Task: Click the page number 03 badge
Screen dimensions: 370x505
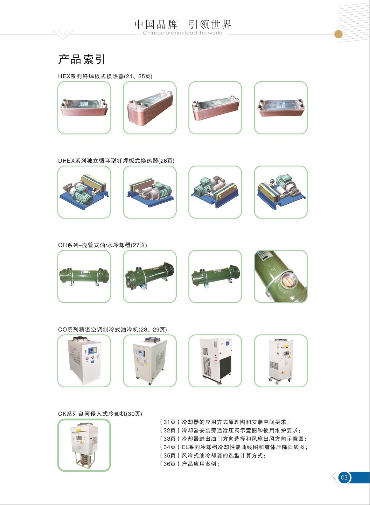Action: pyautogui.click(x=344, y=478)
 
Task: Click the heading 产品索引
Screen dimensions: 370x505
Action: pyautogui.click(x=82, y=59)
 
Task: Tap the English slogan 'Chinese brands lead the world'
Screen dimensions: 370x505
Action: pyautogui.click(x=183, y=33)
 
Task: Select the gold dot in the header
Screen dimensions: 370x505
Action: pyautogui.click(x=338, y=34)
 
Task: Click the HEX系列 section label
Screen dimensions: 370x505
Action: pyautogui.click(x=105, y=76)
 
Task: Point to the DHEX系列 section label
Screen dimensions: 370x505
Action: pyautogui.click(x=116, y=161)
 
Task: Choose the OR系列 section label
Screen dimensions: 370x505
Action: pyautogui.click(x=102, y=245)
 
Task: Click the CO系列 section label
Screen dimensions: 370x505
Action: pyautogui.click(x=112, y=330)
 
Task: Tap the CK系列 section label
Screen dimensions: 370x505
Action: pyautogui.click(x=100, y=414)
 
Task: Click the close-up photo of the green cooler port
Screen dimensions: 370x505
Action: pyautogui.click(x=281, y=276)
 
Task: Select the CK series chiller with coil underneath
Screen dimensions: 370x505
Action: pyautogui.click(x=84, y=445)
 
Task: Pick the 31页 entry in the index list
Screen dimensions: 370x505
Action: pyautogui.click(x=224, y=422)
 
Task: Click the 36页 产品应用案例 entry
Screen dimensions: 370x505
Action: pyautogui.click(x=189, y=464)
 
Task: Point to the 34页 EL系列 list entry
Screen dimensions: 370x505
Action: pyautogui.click(x=233, y=447)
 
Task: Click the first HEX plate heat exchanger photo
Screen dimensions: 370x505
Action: pyautogui.click(x=84, y=108)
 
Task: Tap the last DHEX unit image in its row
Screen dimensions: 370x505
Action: pyautogui.click(x=281, y=192)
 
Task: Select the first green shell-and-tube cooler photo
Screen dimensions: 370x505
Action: pyautogui.click(x=84, y=276)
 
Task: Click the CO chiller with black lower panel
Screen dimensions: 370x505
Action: pyautogui.click(x=215, y=361)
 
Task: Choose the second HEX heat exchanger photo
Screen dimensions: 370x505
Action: pyautogui.click(x=150, y=108)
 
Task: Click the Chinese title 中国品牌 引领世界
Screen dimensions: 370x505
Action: pyautogui.click(x=183, y=24)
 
